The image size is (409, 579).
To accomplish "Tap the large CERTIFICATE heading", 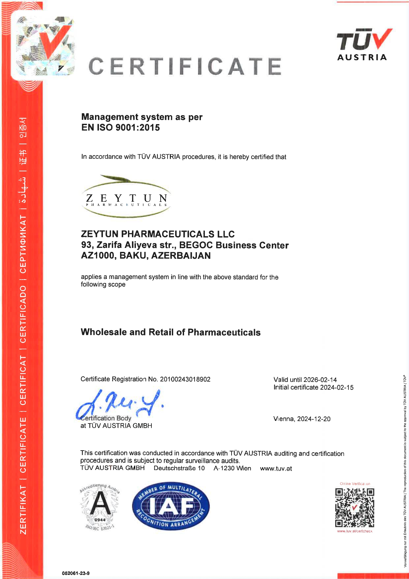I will (185, 66).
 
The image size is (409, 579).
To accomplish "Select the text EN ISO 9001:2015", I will (120, 128).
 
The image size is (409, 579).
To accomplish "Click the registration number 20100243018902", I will (185, 379).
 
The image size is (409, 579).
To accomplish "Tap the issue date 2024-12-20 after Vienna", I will (314, 419).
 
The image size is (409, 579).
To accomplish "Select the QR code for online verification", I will (355, 508).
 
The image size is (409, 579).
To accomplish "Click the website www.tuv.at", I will (276, 468).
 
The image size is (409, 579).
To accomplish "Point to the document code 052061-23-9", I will (76, 573).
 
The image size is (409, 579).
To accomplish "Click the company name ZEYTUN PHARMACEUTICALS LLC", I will (158, 234).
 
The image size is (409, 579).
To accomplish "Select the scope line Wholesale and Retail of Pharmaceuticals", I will (171, 332).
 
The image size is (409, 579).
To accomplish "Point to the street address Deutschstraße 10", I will (179, 468).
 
